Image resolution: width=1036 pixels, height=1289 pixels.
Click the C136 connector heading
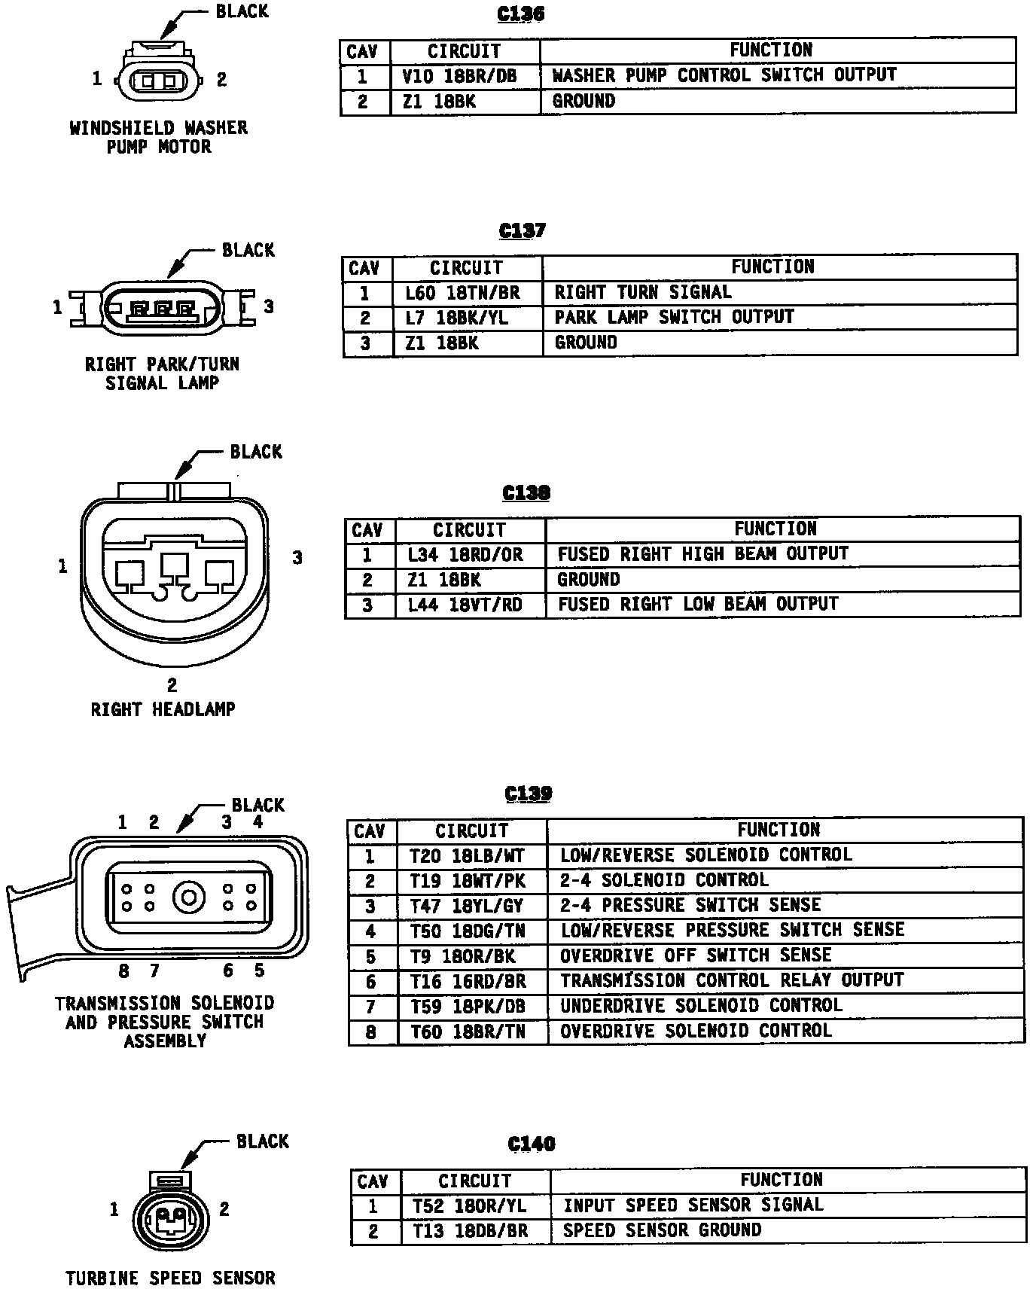521,14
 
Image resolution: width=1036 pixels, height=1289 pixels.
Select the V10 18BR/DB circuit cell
459,76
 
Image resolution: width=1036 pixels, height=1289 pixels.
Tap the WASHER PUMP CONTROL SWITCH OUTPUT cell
724,75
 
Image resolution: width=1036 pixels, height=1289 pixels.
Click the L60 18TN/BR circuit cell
462,293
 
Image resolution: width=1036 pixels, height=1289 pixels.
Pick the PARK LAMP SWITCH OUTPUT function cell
674,317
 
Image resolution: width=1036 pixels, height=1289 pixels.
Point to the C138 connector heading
526,492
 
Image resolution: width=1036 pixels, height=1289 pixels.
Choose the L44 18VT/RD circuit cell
465,605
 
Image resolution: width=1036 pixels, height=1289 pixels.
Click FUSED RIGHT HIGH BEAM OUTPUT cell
702,554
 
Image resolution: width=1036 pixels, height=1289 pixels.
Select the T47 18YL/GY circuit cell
467,906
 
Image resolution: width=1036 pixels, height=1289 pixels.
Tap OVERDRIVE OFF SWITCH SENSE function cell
695,955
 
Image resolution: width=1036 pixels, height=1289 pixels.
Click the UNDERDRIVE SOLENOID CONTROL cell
700,1006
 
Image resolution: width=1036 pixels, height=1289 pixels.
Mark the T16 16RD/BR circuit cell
468,981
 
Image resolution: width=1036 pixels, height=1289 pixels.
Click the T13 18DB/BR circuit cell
470,1231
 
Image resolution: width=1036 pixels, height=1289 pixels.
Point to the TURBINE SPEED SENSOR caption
170,1278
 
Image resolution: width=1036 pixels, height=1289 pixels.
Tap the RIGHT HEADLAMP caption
163,709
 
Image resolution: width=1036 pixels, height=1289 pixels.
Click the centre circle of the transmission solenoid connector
188,897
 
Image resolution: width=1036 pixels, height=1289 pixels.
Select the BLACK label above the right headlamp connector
256,452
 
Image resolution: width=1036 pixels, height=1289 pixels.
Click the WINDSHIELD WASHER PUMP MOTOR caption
159,137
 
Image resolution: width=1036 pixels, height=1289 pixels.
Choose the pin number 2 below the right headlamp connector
172,684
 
